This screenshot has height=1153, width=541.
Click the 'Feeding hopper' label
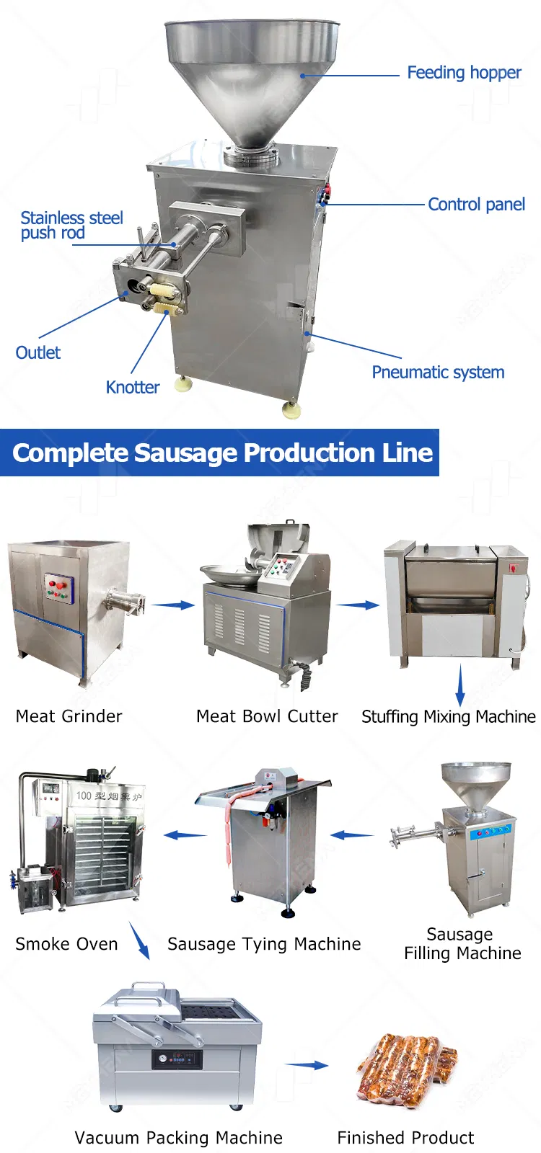pos(465,73)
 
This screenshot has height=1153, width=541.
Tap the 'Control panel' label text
pos(477,205)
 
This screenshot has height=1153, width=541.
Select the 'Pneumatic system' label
pos(438,372)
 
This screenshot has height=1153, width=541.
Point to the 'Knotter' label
pos(133,387)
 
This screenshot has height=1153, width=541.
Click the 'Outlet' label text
pos(38,352)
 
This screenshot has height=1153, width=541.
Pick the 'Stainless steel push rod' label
pos(71,226)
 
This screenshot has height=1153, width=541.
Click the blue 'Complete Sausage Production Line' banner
pos(219,453)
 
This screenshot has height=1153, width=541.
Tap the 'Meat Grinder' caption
pos(69,716)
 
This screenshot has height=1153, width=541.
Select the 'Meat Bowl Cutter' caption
pos(267,716)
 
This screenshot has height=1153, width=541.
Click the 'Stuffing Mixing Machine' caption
pos(448,716)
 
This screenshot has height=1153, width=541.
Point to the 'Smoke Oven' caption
pos(66,944)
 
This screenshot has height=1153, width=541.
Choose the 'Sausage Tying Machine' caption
pos(264,944)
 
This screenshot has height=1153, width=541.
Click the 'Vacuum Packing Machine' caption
pos(178,1138)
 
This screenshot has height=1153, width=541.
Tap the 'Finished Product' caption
pos(405,1138)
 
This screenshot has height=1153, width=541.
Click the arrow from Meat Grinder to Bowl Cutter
pos(173,605)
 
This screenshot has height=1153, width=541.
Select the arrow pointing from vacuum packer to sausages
pos(307,1065)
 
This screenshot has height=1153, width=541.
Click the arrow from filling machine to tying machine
pos(352,835)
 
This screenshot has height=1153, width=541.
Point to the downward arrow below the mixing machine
pos(460,685)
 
